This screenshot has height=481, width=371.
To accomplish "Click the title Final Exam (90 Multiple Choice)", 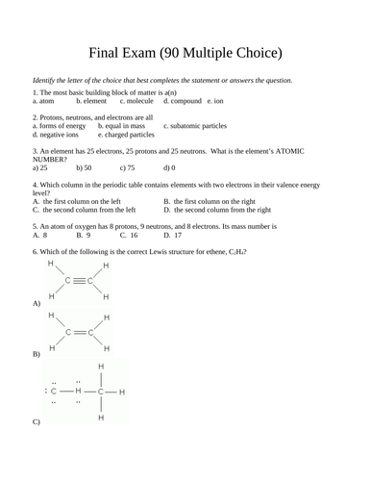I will [185, 51].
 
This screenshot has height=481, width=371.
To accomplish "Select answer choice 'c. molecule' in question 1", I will [137, 100].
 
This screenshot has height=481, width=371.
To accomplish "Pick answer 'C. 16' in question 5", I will [128, 234].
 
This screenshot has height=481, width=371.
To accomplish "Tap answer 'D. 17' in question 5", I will [173, 234].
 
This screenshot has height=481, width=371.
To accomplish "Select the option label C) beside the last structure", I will [37, 421].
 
